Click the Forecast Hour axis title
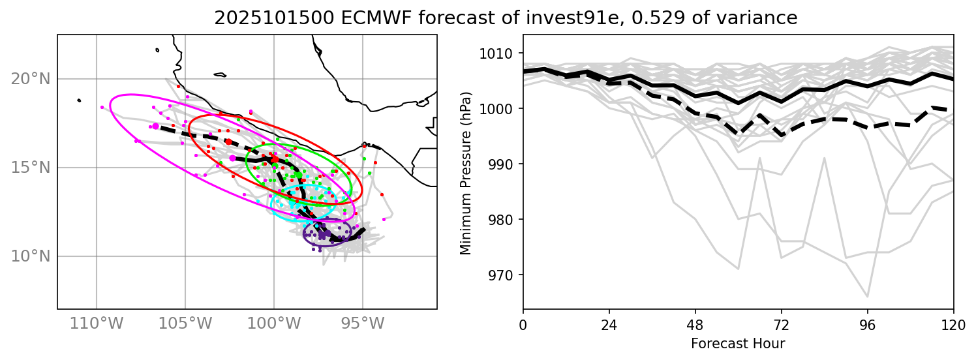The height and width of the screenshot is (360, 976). coord(738,342)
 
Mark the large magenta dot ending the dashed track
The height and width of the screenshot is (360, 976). coord(155,126)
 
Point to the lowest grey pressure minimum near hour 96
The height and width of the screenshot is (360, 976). coord(868,297)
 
